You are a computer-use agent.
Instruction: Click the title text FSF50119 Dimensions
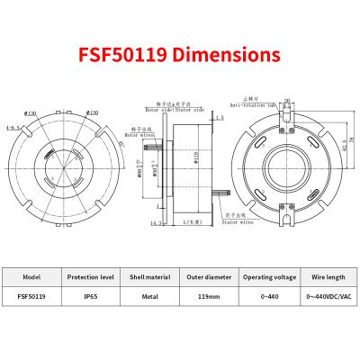coord(180,53)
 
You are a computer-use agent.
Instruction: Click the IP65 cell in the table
coord(91,293)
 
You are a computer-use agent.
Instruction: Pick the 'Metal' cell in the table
coord(150,293)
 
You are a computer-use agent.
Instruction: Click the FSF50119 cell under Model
coord(32,293)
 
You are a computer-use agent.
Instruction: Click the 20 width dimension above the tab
coord(288,102)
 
